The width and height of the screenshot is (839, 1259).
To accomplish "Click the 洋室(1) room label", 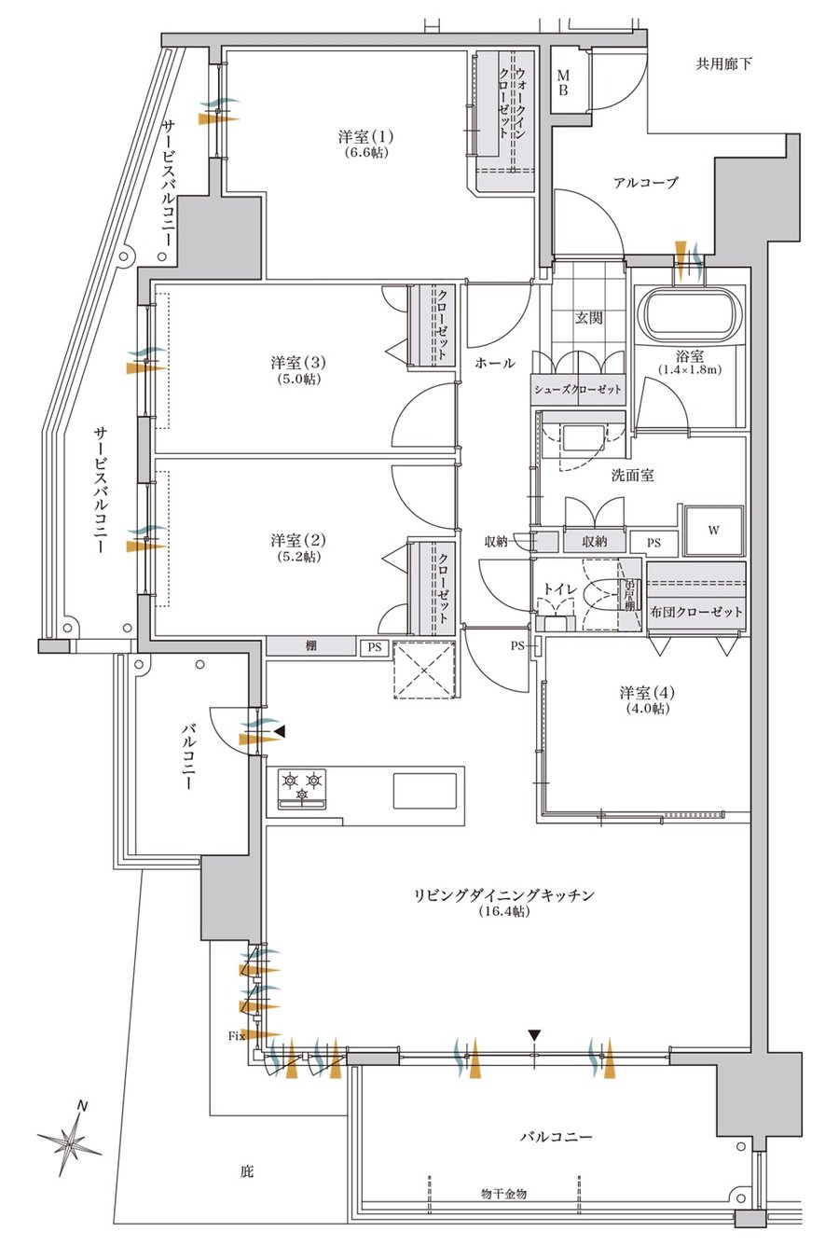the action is [365, 136].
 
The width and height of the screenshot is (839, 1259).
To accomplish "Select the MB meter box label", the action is [563, 83].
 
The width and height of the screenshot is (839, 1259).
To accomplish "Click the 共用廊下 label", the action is [723, 63].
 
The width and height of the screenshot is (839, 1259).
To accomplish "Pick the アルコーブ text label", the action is [646, 183].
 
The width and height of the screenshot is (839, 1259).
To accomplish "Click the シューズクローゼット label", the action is [578, 389].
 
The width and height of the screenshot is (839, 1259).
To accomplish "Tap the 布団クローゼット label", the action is [696, 612].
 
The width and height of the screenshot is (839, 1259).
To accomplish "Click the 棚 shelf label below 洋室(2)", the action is [310, 646].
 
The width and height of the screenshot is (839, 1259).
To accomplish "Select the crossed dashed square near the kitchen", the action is [424, 670].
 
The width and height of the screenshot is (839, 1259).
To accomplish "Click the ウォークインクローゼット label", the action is [512, 103].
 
